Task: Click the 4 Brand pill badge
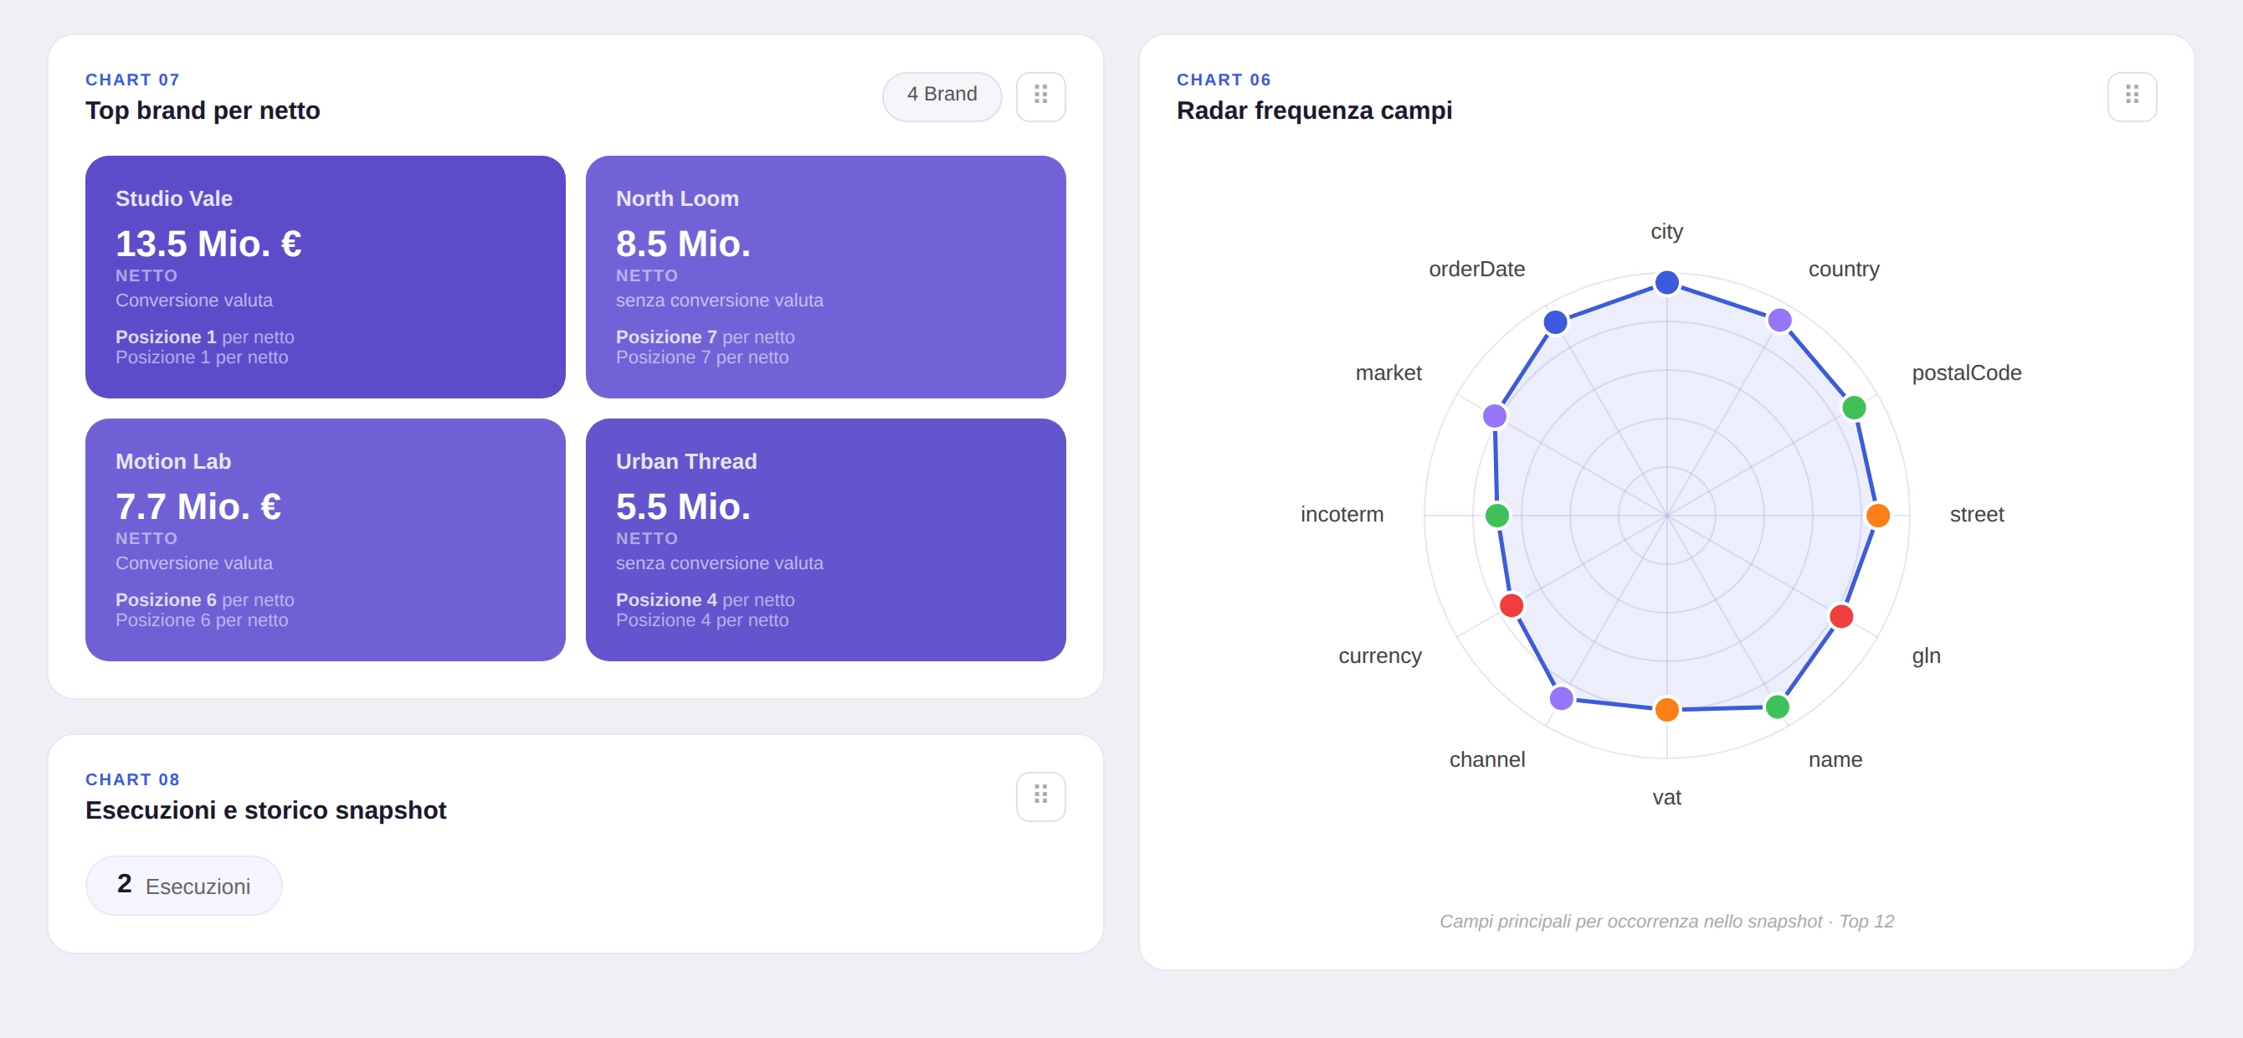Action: click(x=942, y=95)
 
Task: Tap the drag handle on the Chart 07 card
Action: click(x=1039, y=95)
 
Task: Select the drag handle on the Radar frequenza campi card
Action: click(x=2131, y=95)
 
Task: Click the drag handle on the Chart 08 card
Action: click(x=1039, y=795)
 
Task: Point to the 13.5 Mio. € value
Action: click(x=208, y=244)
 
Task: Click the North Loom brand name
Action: click(x=676, y=198)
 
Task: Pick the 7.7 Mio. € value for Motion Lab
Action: click(x=198, y=506)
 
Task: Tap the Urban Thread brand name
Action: click(x=685, y=461)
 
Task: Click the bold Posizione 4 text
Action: click(x=666, y=599)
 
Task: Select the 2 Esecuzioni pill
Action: click(x=184, y=885)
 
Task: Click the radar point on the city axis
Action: click(x=1666, y=282)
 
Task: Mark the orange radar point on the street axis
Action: click(x=1877, y=516)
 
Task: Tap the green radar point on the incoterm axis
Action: click(x=1496, y=516)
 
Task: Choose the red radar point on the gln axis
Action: click(x=1840, y=617)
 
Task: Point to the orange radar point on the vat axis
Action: click(x=1666, y=709)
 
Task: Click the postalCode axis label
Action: click(x=1965, y=373)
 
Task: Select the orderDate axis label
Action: click(x=1476, y=269)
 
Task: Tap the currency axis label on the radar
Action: click(x=1379, y=655)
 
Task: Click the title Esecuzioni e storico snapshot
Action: click(x=265, y=809)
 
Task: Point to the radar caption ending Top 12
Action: click(x=1666, y=921)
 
